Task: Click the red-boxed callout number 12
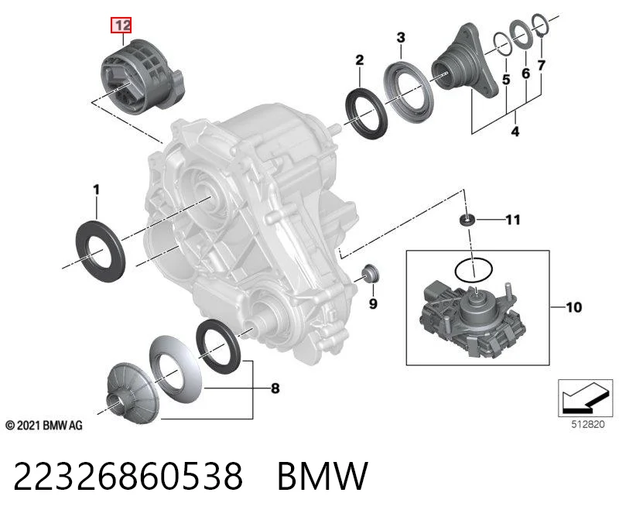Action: click(121, 26)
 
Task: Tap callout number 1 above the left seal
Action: click(96, 190)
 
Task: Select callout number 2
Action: click(359, 60)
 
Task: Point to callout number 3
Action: click(401, 37)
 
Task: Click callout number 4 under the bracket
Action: click(515, 131)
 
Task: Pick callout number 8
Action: click(275, 388)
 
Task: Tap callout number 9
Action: click(373, 303)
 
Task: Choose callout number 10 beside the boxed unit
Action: click(573, 307)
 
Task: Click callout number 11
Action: click(513, 220)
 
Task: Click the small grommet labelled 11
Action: click(467, 220)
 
